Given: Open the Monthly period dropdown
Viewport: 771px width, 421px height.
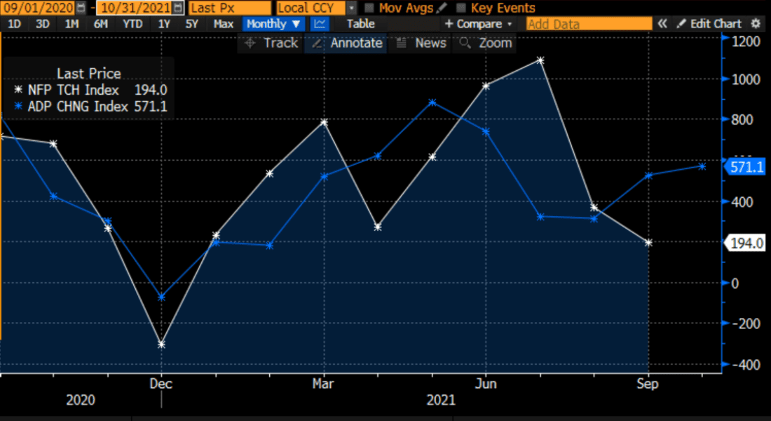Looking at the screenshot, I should click(274, 24).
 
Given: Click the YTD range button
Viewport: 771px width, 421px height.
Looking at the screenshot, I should click(132, 24).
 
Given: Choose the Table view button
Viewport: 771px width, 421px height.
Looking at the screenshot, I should click(361, 24).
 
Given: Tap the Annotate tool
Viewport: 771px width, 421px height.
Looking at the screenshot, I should click(348, 43).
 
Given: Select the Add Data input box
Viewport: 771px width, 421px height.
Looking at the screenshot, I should click(589, 24).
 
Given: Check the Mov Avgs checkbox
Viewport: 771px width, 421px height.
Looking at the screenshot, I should click(369, 8).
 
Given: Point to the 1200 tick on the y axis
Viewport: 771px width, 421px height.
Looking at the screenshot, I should click(745, 41).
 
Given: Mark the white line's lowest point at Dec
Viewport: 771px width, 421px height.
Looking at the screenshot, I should click(161, 345).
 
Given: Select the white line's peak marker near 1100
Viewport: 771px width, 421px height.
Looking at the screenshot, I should click(540, 60).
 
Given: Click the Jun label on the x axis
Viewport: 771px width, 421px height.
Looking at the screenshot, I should click(486, 385).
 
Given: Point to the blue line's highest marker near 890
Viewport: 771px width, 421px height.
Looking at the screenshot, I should click(432, 102).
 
